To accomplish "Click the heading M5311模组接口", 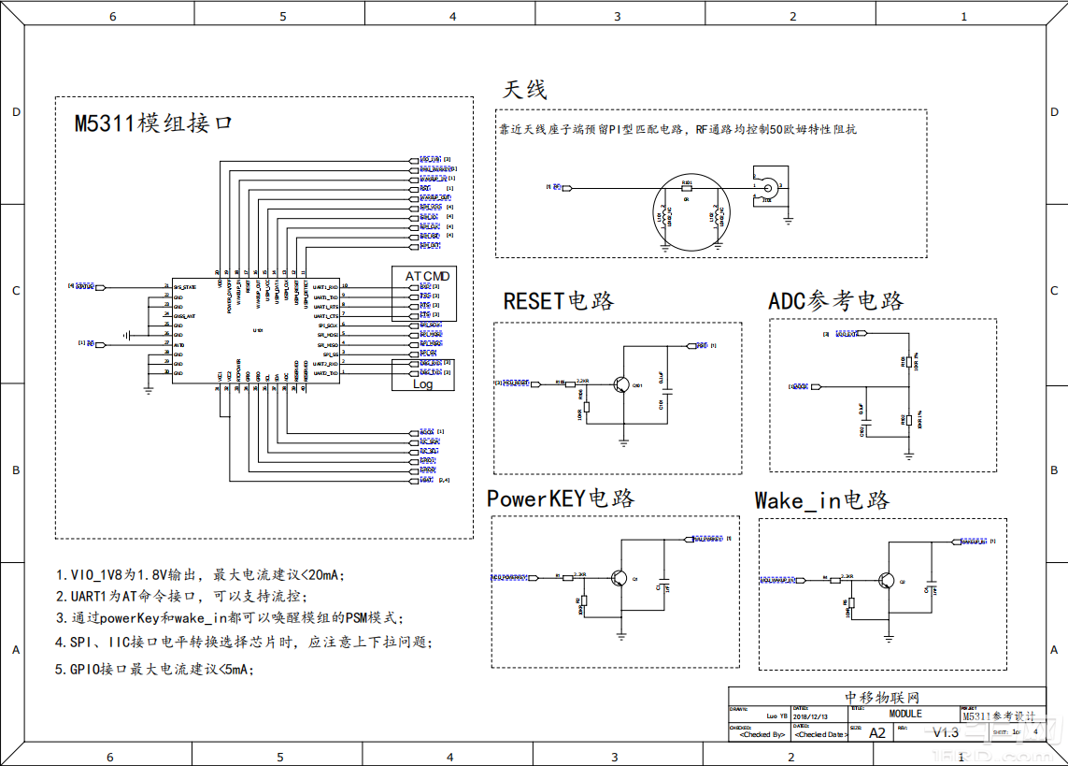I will (x=153, y=123).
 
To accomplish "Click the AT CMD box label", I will (x=427, y=276).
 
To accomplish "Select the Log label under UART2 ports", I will (x=422, y=383).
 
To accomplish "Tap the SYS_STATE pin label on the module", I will (x=184, y=287).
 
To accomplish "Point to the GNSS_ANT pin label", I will (x=184, y=316).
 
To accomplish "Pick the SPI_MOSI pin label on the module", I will (x=326, y=335).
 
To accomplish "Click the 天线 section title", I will (x=524, y=90).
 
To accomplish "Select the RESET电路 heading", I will (x=559, y=301).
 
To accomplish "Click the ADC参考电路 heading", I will (x=836, y=301).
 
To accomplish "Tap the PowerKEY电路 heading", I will (x=561, y=499).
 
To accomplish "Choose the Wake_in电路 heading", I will (x=822, y=500).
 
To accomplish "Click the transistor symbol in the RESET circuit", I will (x=619, y=383).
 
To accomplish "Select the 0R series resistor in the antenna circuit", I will (x=687, y=189).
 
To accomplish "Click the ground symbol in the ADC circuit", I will (x=908, y=455).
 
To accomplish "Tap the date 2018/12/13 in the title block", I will (x=809, y=715).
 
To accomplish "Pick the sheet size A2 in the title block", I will (x=876, y=732).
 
